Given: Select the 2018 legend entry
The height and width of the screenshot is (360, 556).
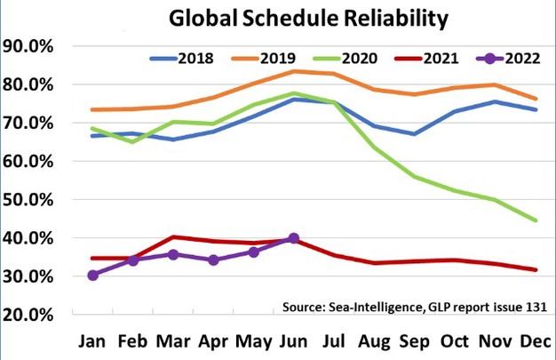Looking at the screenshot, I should click(191, 59).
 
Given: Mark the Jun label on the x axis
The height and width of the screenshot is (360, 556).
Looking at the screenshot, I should click(294, 343).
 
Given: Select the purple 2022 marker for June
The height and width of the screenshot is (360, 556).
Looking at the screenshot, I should click(294, 238).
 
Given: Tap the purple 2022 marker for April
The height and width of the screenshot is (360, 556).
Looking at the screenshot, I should click(213, 260).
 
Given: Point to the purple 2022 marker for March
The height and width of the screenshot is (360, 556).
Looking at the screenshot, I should click(174, 254).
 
